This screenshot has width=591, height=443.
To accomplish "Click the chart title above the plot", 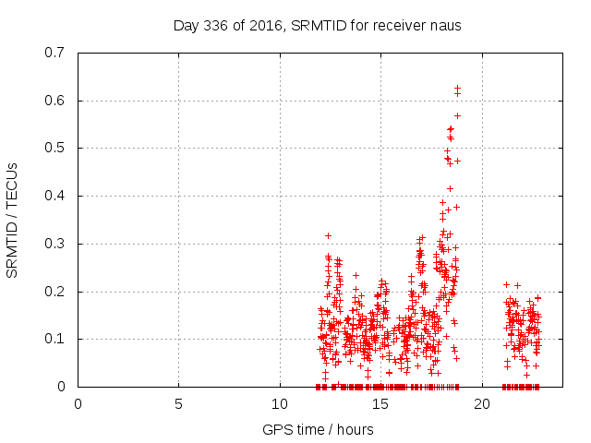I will pyautogui.click(x=317, y=25).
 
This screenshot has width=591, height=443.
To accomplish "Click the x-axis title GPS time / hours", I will pyautogui.click(x=317, y=429).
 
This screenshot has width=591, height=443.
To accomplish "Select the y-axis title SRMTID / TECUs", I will pyautogui.click(x=13, y=220).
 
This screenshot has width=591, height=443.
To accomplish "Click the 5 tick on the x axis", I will pyautogui.click(x=178, y=403).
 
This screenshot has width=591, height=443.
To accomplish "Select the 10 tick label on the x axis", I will pyautogui.click(x=279, y=403).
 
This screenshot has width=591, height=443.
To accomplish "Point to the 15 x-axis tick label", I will pyautogui.click(x=380, y=403).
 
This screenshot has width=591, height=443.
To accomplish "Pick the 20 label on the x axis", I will pyautogui.click(x=481, y=403).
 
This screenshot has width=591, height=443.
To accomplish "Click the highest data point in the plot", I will pyautogui.click(x=457, y=88).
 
